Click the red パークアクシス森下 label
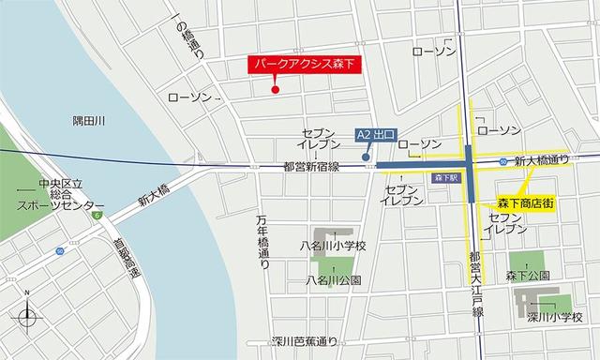[305, 65]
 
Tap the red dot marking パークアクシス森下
[275, 90]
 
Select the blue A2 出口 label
[379, 136]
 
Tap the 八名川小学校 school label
[332, 247]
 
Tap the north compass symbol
[27, 315]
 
